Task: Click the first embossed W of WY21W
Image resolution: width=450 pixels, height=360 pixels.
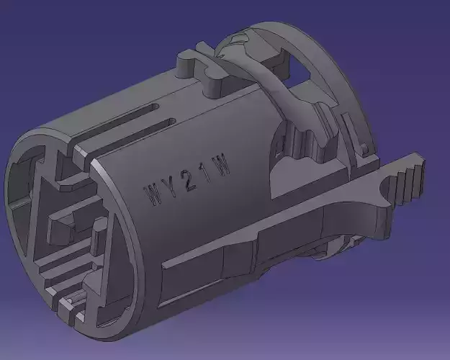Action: click(x=153, y=195)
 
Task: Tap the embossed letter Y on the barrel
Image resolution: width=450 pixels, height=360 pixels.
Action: click(x=171, y=189)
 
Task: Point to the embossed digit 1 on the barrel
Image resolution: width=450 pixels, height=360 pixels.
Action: click(x=207, y=176)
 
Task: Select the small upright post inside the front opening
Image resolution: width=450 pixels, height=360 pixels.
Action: click(x=94, y=238)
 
